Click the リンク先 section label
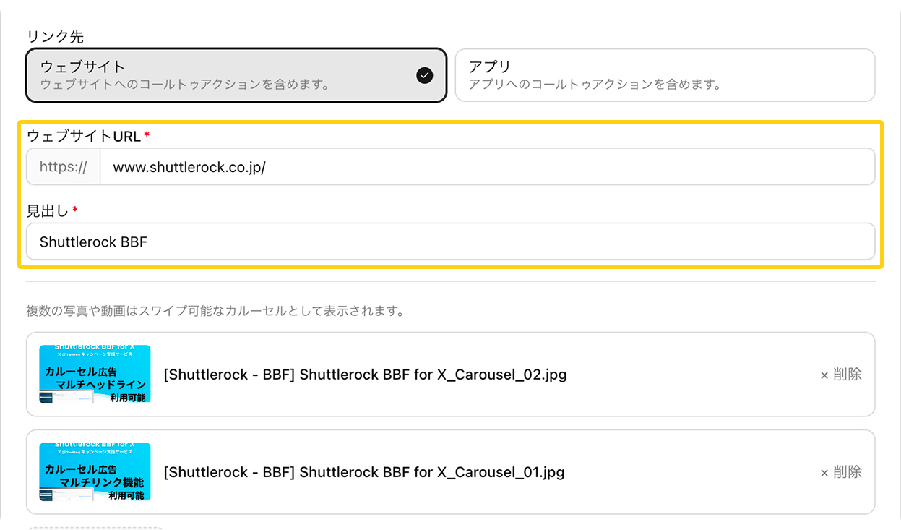(x=55, y=36)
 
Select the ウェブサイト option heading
(x=82, y=67)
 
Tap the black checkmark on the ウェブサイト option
(x=425, y=75)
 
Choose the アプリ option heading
(x=489, y=67)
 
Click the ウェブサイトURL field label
(x=83, y=136)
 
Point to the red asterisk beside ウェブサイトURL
(x=147, y=135)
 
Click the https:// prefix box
(x=64, y=167)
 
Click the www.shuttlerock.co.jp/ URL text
(x=189, y=167)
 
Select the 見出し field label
(x=47, y=210)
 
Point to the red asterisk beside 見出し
(x=75, y=210)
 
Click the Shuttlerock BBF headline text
(x=93, y=242)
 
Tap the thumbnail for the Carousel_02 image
(x=95, y=374)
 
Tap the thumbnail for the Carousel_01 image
(x=95, y=471)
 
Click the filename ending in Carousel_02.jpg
(x=365, y=375)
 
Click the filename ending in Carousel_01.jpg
(x=364, y=472)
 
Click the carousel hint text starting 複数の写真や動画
(x=214, y=312)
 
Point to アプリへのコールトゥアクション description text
(x=595, y=85)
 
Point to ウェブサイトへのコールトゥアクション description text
(x=185, y=85)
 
